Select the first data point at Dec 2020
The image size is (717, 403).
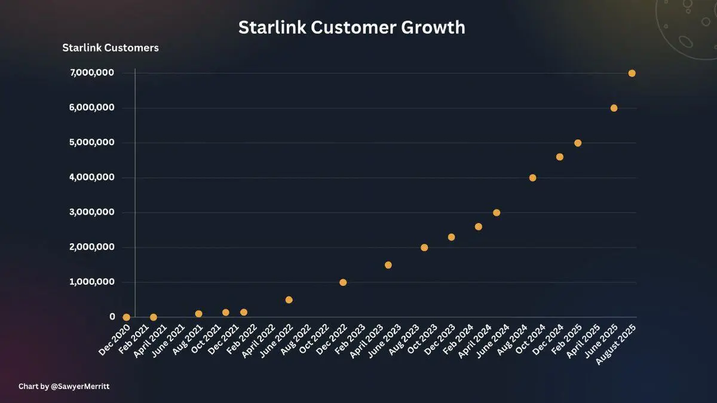(127, 317)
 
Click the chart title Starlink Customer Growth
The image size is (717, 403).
(352, 28)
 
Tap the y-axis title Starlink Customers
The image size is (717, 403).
(111, 48)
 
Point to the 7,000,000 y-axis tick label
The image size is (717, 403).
(92, 73)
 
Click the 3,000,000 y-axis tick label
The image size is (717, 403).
(92, 212)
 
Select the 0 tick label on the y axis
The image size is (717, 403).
(112, 317)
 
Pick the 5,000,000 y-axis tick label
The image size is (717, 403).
(92, 142)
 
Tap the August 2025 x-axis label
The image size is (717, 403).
(616, 344)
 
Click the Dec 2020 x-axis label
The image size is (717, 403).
(114, 340)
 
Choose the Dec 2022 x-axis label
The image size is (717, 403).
(332, 340)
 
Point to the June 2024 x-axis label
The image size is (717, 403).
(493, 341)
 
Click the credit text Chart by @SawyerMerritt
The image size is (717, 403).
(64, 386)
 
